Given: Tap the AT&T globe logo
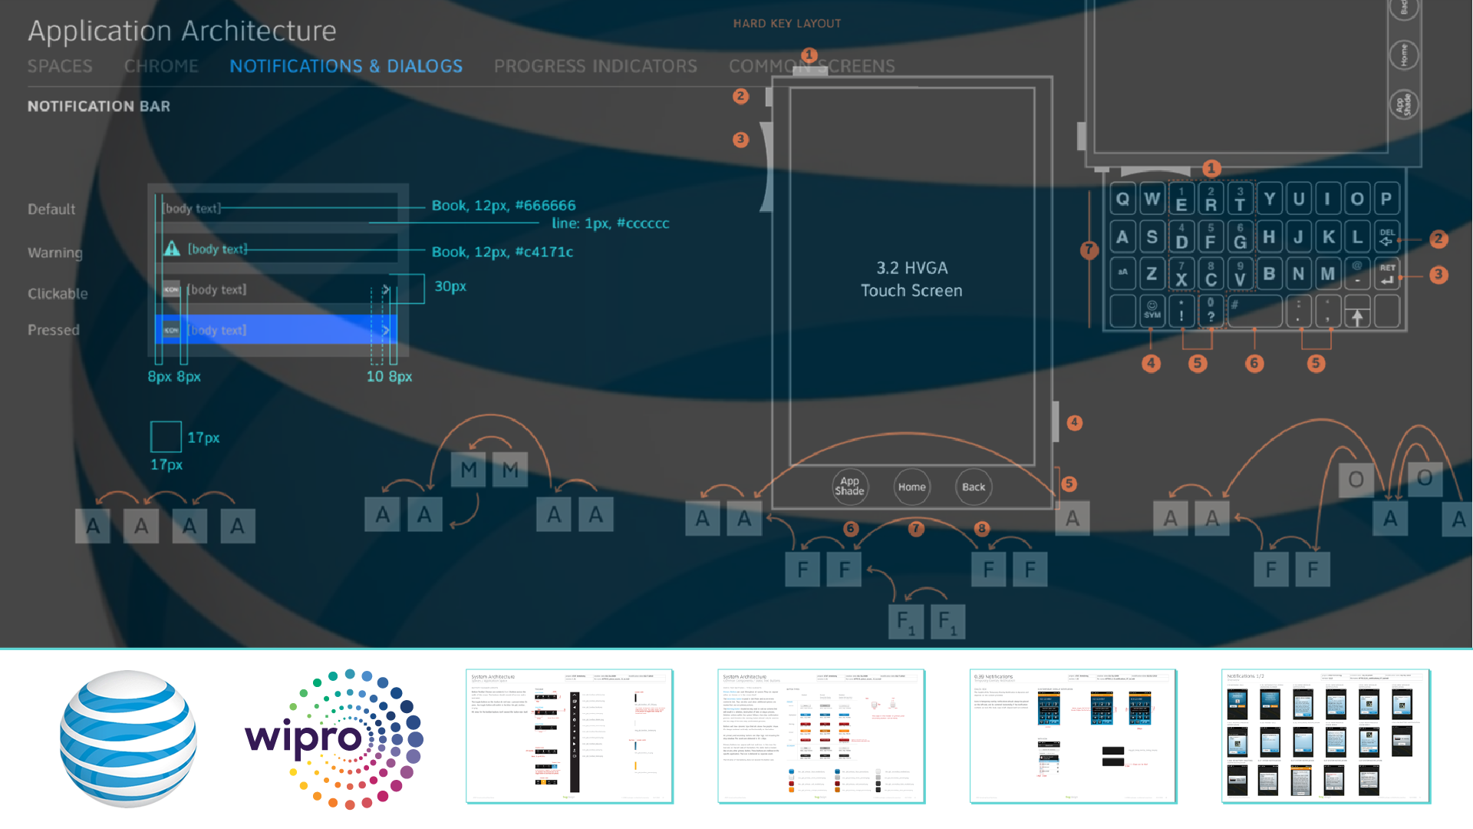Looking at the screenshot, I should point(128,738).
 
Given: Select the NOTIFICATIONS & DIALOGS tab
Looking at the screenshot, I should point(346,66).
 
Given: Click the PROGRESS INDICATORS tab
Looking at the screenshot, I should point(595,66).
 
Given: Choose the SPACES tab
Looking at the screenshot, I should point(60,66).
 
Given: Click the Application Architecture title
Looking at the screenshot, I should point(182,31).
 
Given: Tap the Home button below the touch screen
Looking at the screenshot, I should point(911,487).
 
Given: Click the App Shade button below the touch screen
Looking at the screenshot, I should point(849,487).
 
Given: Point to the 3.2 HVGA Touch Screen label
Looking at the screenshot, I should point(911,279).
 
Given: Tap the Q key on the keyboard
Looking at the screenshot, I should point(1122,199).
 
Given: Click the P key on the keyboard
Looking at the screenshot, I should point(1386,199).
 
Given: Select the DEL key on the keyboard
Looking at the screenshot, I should point(1387,236).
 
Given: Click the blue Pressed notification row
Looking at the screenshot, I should point(276,329).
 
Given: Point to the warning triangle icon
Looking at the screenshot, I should point(172,249).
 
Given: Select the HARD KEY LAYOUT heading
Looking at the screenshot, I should point(786,24).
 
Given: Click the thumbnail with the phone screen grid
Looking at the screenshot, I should point(1325,737).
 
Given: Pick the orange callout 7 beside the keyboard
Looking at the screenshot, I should point(1089,249).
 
